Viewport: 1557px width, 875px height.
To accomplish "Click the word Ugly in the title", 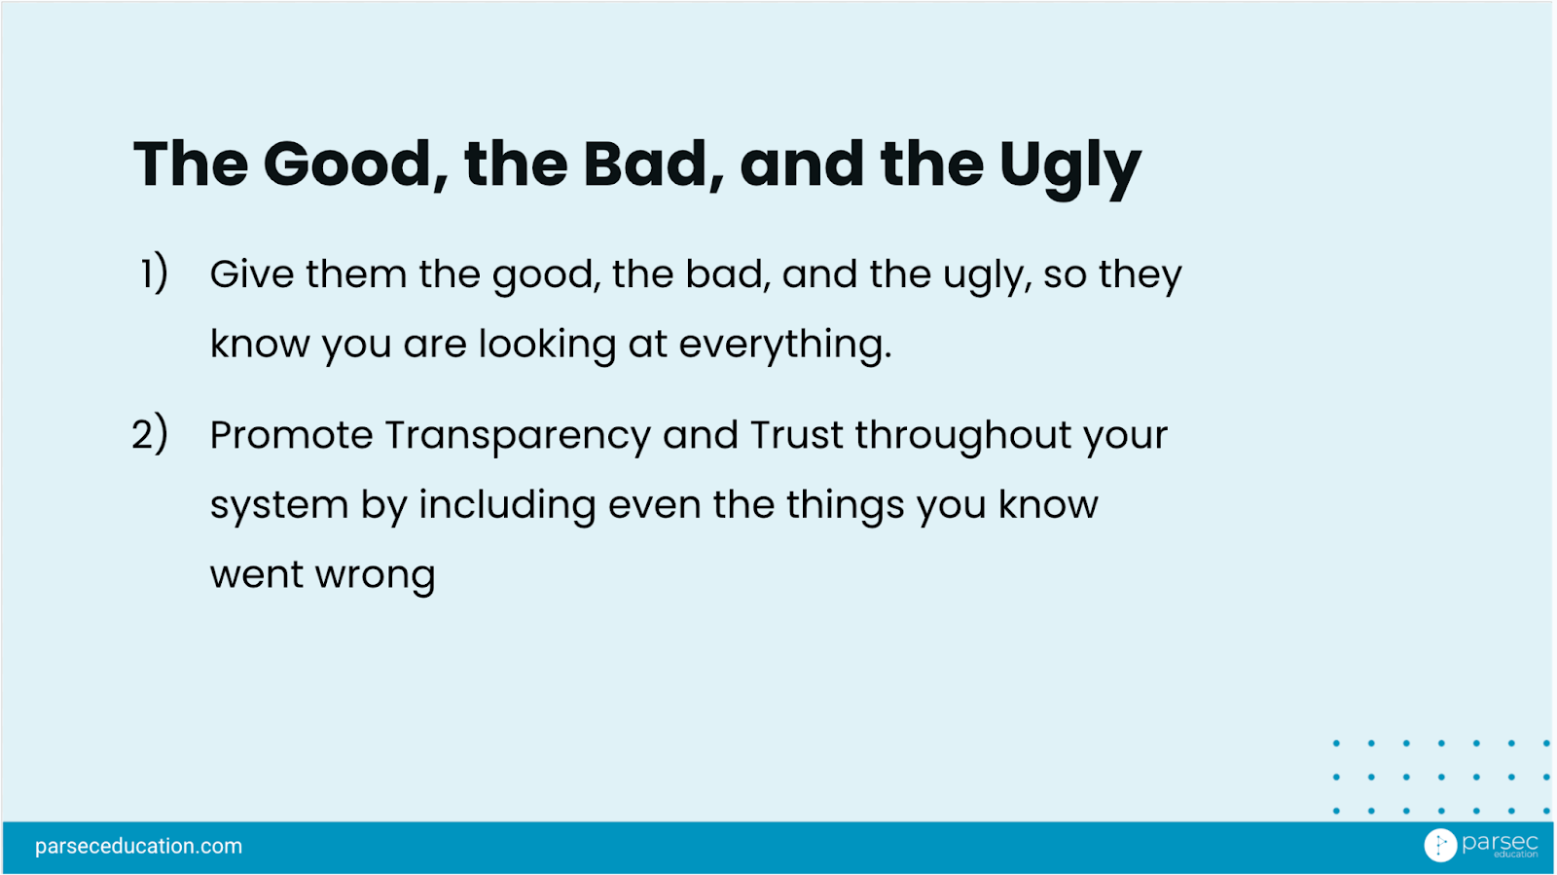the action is tap(1070, 167).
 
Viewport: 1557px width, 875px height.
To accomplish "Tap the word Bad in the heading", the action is tap(645, 164).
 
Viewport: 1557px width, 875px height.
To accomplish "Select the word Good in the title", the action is tap(347, 164).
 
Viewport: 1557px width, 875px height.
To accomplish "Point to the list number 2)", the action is tap(150, 434).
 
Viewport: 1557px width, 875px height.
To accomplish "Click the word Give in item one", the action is tap(252, 273).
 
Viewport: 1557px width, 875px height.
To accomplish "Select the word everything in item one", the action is tap(784, 346).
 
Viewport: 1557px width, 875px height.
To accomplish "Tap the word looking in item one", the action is tap(547, 346).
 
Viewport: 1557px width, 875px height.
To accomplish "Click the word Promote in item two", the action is tap(291, 436).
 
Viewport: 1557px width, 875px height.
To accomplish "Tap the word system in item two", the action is tap(279, 507).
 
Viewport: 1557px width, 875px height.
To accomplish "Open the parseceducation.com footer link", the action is tap(138, 846).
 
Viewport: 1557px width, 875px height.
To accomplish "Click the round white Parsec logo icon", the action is tap(1440, 845).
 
